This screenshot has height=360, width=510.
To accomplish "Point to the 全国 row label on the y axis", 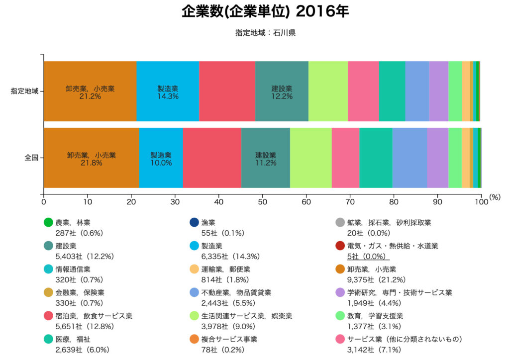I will click(x=32, y=158).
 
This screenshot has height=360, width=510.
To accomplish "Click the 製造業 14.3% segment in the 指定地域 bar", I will click(x=168, y=91).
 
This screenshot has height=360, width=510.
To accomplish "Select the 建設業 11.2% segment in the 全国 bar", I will click(x=265, y=158).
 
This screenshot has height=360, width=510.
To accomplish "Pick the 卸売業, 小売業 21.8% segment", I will click(x=91, y=158).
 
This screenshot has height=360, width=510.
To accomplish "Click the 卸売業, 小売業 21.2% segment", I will click(x=90, y=91).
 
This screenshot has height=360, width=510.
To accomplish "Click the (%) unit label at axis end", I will click(x=495, y=197).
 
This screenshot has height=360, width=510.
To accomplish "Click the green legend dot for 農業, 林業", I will click(x=48, y=223).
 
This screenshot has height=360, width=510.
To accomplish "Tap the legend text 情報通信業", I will click(x=73, y=269).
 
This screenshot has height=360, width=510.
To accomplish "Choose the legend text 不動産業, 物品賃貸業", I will click(x=236, y=292).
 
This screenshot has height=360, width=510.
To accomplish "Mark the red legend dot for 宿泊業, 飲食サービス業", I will click(x=48, y=316).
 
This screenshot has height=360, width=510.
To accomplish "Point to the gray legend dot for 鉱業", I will click(x=340, y=223).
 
